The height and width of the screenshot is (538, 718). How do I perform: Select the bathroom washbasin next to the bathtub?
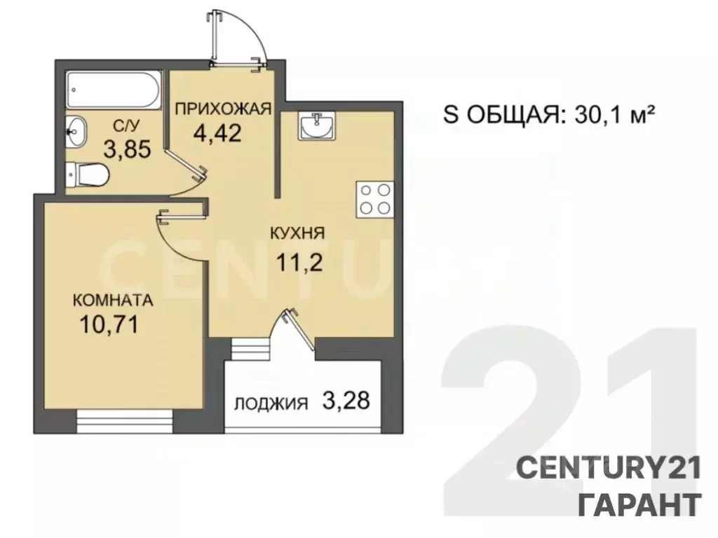77,130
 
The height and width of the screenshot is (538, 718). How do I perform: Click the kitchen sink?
316,127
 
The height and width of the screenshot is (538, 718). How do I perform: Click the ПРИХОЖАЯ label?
222,108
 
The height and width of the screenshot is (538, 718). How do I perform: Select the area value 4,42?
218,132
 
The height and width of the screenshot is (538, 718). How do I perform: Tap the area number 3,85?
127,149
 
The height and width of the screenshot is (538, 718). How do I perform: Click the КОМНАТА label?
114,301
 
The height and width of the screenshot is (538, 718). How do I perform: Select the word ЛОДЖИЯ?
271,403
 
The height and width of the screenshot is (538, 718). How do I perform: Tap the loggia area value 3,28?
343,402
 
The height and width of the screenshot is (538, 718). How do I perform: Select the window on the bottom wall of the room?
124,423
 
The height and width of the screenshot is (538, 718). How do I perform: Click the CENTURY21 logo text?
609,468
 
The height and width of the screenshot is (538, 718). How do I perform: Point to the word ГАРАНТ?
638,503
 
